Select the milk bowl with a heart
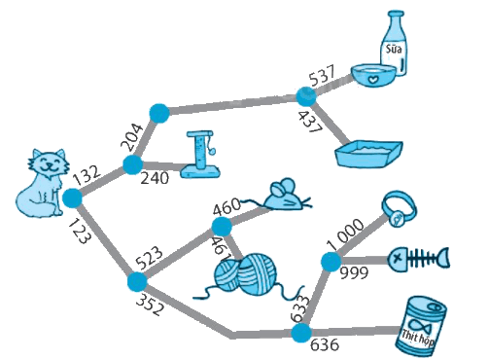373,75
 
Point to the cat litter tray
369,154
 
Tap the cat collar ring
399,208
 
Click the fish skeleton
420,259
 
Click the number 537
322,76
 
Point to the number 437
310,122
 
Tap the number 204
131,137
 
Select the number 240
155,178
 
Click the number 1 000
345,234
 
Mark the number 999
354,273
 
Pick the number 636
325,344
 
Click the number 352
150,306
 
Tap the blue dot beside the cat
72,198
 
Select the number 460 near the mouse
227,206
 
